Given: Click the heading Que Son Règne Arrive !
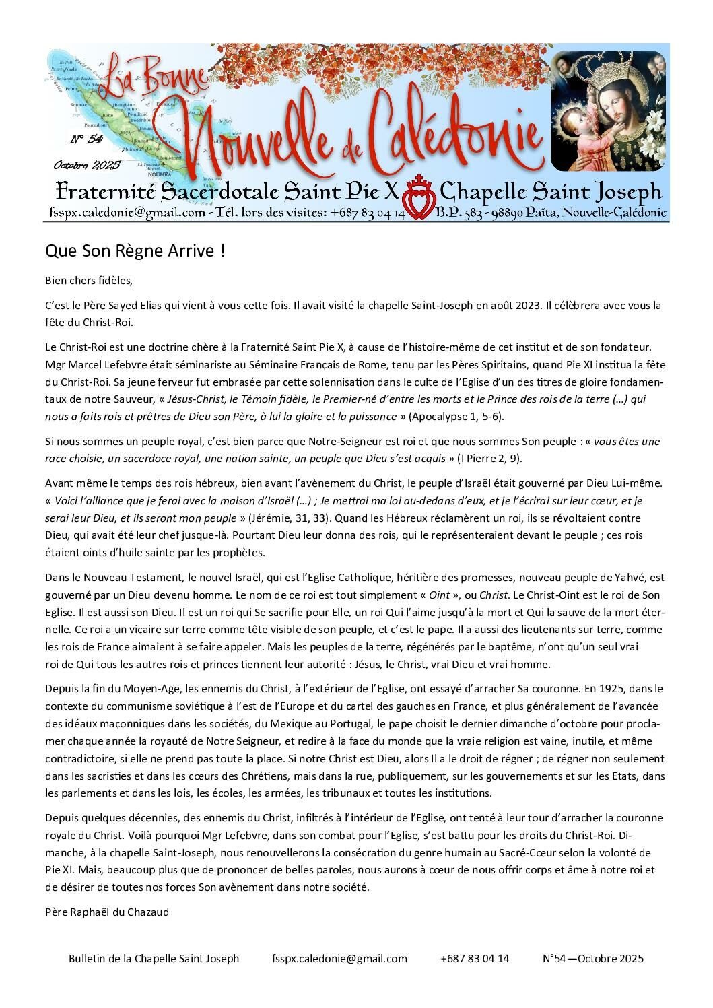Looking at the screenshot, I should pyautogui.click(x=135, y=251).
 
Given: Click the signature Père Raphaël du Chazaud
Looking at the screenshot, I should pyautogui.click(x=107, y=912).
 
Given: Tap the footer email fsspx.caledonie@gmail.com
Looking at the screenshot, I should pyautogui.click(x=340, y=958).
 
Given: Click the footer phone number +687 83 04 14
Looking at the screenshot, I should pyautogui.click(x=475, y=958).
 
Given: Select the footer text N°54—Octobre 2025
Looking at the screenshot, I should pyautogui.click(x=592, y=958).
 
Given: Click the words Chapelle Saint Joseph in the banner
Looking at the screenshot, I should pyautogui.click(x=551, y=192).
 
